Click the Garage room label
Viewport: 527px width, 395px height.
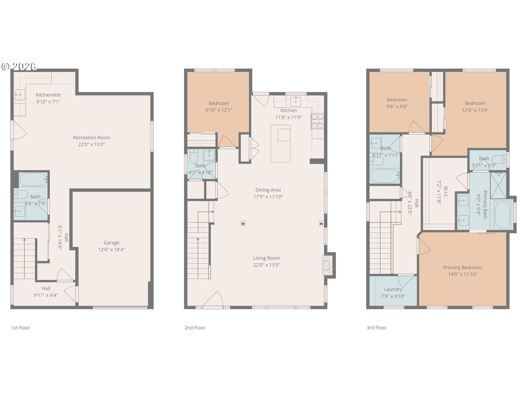point(111,243)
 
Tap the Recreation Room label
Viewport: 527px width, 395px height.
point(92,138)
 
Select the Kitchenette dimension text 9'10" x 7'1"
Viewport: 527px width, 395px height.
point(48,102)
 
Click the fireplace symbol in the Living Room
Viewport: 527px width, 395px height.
point(327,266)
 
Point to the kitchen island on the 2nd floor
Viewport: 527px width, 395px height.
point(281,143)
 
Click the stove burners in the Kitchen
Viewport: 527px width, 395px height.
point(317,121)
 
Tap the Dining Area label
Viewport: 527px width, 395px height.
point(268,190)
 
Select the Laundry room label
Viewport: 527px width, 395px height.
point(393,289)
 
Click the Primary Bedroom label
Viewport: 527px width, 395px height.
point(462,267)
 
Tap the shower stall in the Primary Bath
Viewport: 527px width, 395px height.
point(498,185)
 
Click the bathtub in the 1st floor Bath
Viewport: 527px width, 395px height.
point(33,180)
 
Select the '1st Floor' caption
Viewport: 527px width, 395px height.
point(21,328)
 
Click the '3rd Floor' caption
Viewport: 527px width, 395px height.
point(377,328)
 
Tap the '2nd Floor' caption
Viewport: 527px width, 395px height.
point(195,328)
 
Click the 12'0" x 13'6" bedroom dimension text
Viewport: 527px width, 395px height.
point(475,110)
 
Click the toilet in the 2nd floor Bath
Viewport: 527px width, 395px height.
point(194,156)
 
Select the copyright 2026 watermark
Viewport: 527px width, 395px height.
point(19,66)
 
